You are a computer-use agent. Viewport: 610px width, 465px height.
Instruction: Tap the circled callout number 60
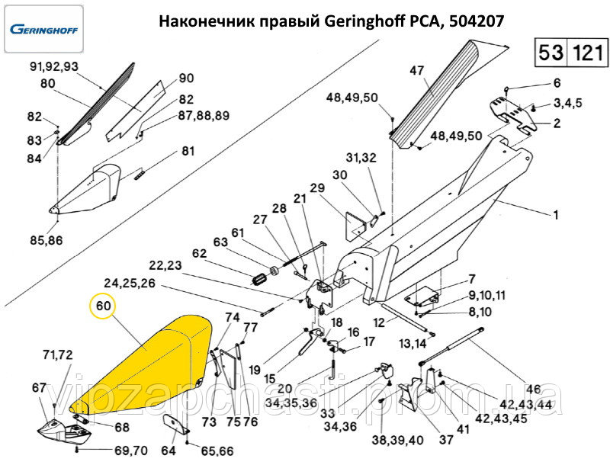click(x=104, y=307)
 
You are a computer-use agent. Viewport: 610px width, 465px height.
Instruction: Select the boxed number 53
click(x=551, y=53)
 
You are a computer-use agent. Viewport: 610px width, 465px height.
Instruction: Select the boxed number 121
click(x=587, y=53)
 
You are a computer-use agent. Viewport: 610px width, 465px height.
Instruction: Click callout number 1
click(x=556, y=216)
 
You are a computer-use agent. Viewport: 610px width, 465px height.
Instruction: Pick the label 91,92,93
click(x=53, y=66)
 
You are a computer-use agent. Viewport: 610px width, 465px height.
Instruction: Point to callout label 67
click(x=39, y=388)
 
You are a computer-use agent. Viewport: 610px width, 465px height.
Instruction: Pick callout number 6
click(x=556, y=83)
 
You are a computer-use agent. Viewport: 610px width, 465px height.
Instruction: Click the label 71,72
click(x=58, y=355)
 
